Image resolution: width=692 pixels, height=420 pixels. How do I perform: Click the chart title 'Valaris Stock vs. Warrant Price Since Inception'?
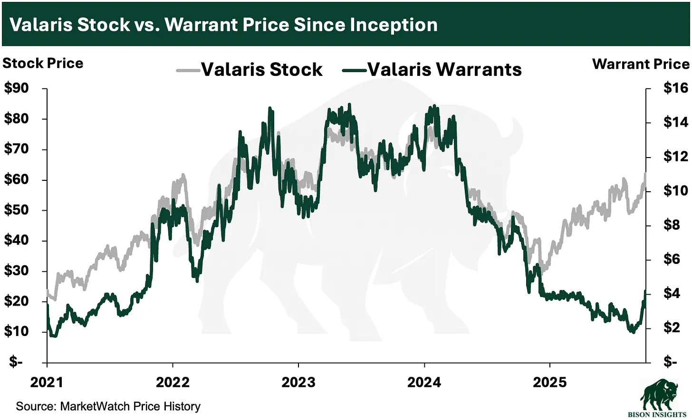pyautogui.click(x=223, y=25)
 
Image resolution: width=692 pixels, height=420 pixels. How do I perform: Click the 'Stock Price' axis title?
pyautogui.click(x=43, y=63)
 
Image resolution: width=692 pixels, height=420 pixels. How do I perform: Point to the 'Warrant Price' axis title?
pyautogui.click(x=641, y=64)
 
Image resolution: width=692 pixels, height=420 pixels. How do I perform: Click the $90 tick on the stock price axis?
pyautogui.click(x=17, y=88)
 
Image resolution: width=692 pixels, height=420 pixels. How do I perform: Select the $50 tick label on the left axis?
pyautogui.click(x=17, y=210)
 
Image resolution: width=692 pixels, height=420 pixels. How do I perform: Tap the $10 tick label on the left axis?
pyautogui.click(x=17, y=331)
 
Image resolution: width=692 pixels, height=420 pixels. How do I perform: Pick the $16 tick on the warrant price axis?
pyautogui.click(x=675, y=88)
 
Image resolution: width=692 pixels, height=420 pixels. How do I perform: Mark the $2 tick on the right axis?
pyautogui.click(x=672, y=327)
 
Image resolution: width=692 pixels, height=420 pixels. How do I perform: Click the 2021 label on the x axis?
pyautogui.click(x=47, y=382)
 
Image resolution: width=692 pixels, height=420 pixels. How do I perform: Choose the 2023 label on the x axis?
pyautogui.click(x=298, y=382)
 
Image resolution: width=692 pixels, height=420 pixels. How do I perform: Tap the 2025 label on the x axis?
pyautogui.click(x=550, y=382)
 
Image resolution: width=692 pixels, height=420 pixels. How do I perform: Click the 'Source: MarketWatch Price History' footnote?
pyautogui.click(x=108, y=406)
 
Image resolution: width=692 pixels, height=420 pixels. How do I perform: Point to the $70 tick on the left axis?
pyautogui.click(x=17, y=149)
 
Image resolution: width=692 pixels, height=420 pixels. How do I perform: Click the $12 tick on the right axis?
pyautogui.click(x=675, y=156)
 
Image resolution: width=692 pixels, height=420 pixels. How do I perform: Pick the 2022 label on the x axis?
pyautogui.click(x=173, y=382)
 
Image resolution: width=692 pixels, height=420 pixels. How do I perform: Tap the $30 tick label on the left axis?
pyautogui.click(x=17, y=271)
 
